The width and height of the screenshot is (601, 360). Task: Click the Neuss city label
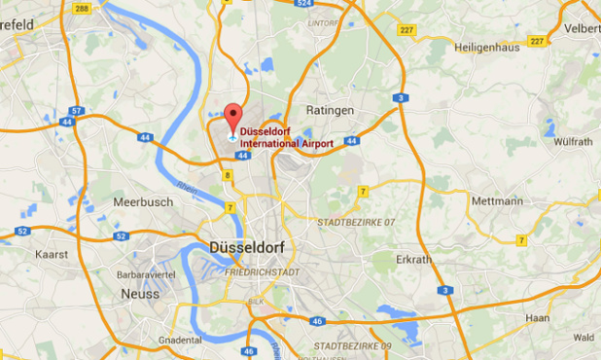tap(140, 293)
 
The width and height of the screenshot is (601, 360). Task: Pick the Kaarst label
tap(52, 254)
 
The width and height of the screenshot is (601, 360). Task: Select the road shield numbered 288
tap(82, 8)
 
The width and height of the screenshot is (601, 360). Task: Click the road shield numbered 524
tap(307, 4)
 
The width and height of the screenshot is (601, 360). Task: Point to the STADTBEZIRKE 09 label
tap(352, 346)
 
